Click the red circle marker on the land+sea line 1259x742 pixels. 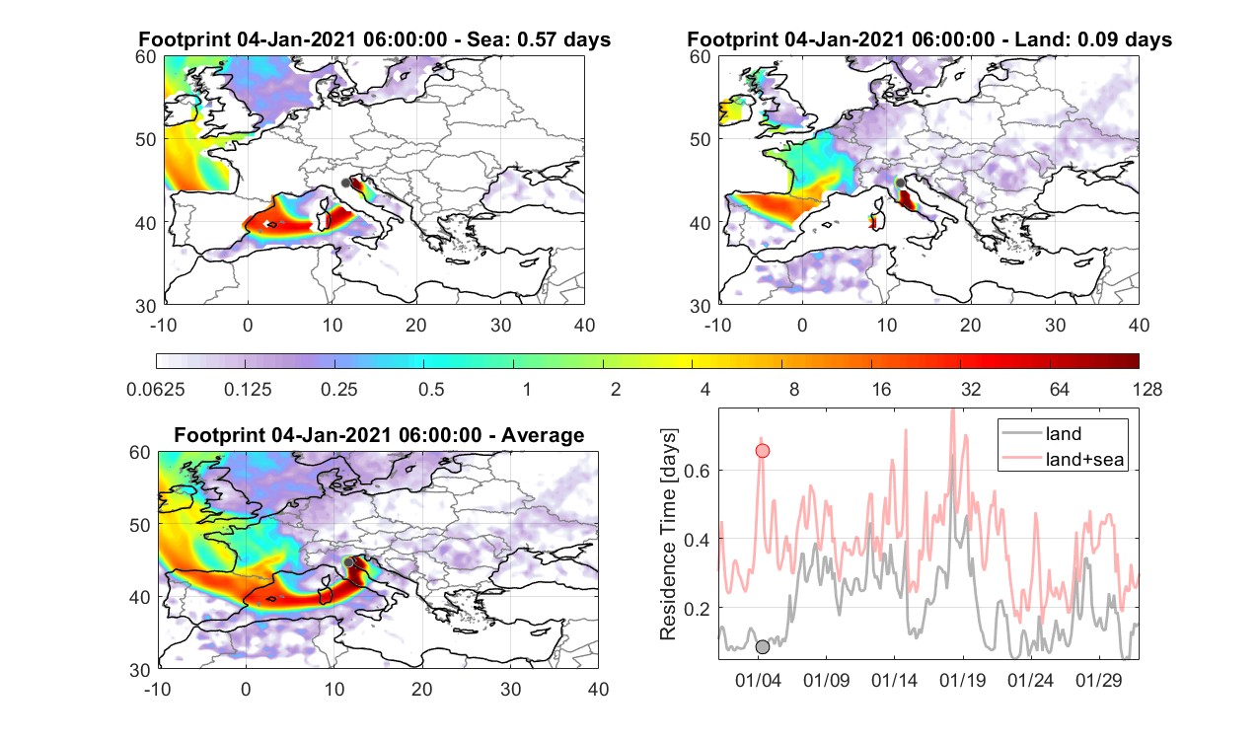(762, 451)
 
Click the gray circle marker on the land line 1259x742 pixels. (762, 647)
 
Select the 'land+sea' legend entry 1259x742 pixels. (1063, 459)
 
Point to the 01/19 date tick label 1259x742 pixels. (963, 681)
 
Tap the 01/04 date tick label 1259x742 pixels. (758, 681)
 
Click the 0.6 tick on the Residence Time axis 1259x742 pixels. (697, 471)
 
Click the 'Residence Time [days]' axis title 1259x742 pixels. (667, 535)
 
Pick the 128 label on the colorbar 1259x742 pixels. (1148, 389)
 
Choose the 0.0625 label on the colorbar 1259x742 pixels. (156, 389)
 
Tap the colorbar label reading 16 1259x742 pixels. (881, 389)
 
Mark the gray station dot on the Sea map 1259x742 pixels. (345, 183)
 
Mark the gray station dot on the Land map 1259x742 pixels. (900, 183)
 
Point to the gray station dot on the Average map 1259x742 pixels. (348, 562)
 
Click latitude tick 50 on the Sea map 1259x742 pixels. (146, 139)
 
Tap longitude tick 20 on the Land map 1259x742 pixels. (971, 325)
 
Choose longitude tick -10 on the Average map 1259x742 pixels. (158, 689)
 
